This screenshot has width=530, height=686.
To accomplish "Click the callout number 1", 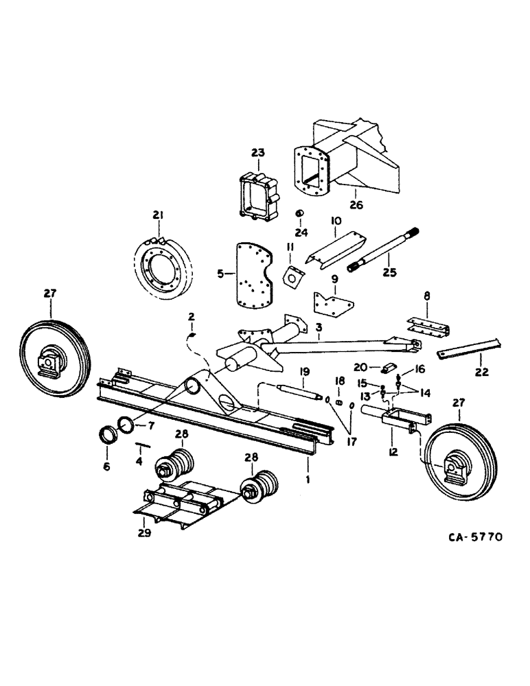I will (x=308, y=481).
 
